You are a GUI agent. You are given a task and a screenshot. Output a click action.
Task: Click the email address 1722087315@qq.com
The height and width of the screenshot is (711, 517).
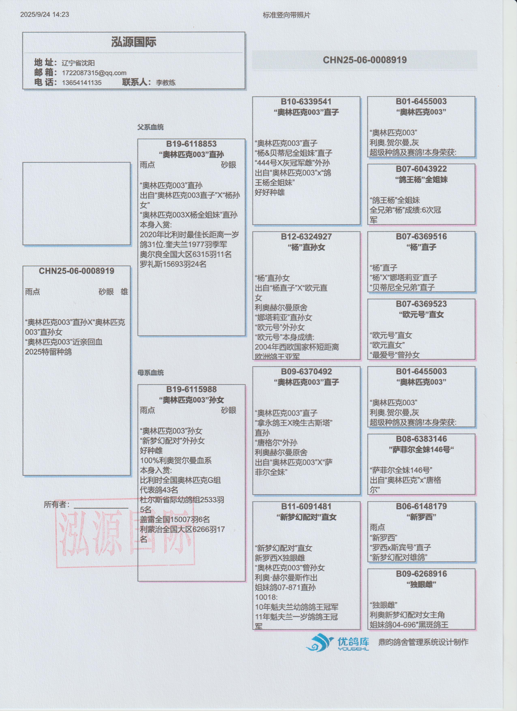pos(94,73)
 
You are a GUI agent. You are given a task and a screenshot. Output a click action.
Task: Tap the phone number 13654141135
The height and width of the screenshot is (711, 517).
pos(82,83)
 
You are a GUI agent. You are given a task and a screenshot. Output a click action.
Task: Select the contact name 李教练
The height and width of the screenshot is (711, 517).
pos(166,83)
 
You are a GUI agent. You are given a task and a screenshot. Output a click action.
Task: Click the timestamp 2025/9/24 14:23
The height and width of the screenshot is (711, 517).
pos(45,14)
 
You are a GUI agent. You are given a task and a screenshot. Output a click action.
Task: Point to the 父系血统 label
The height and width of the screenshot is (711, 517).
pos(150,127)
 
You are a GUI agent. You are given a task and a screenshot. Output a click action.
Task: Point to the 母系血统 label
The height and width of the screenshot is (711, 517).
pos(150,373)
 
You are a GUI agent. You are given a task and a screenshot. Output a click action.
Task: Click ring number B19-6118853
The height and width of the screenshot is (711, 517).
pos(191,144)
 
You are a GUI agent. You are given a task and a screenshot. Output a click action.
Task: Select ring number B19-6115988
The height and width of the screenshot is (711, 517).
pos(191,389)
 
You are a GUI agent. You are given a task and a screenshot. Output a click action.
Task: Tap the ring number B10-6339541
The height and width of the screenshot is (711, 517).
pos(306,102)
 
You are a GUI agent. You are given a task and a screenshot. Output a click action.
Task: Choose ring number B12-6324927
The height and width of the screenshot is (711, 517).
pos(306,237)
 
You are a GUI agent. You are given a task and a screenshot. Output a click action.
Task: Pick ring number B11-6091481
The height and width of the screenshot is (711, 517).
pos(306,506)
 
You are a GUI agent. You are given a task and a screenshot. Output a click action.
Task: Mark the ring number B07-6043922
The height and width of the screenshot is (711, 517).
pos(421,169)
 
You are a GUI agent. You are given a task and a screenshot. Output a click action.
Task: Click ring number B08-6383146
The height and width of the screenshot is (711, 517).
pos(421,439)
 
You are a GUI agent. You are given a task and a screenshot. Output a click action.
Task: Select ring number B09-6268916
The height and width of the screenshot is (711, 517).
pos(421,574)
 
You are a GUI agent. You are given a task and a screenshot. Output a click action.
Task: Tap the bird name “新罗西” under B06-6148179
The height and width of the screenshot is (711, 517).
pos(421,517)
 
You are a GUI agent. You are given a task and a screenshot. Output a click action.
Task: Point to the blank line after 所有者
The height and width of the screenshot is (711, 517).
pos(101,507)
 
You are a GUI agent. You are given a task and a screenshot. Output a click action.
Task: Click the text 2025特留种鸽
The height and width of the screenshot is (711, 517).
pos(48,352)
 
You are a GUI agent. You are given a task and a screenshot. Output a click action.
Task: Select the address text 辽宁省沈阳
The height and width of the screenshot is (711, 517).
pos(78,63)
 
